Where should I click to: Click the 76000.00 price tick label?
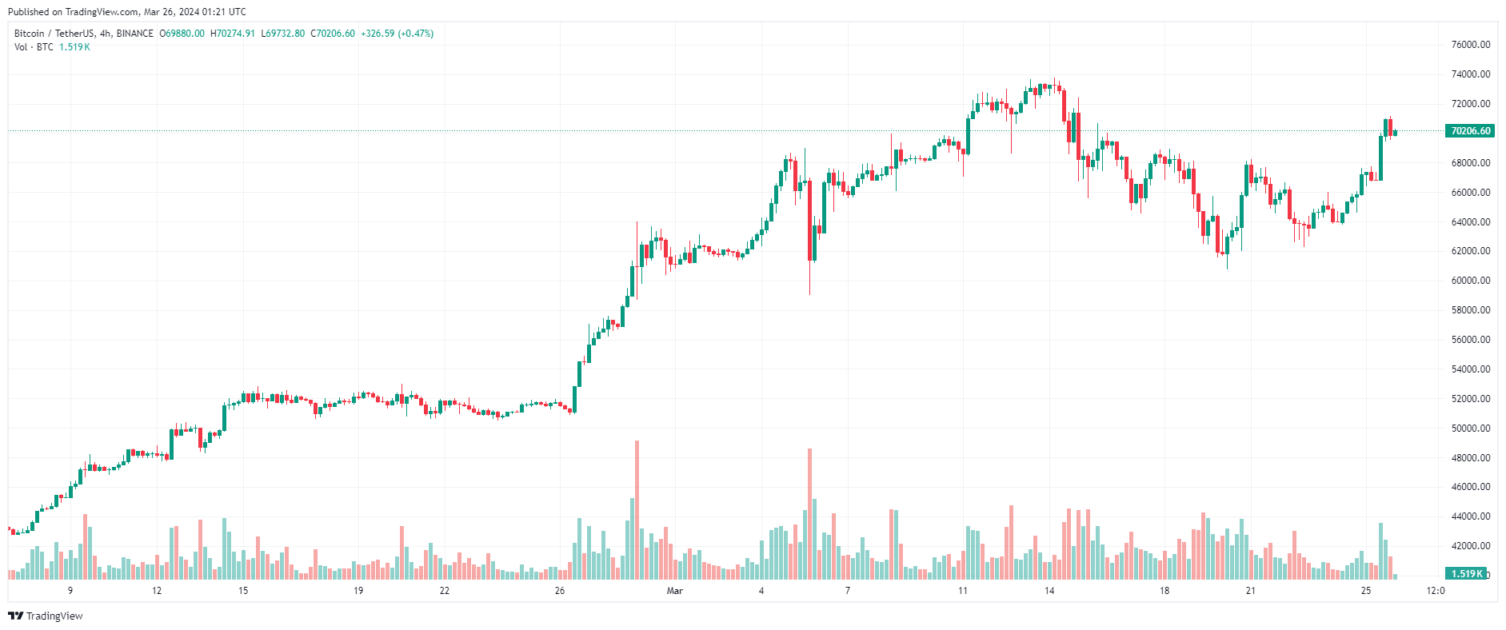pyautogui.click(x=1471, y=45)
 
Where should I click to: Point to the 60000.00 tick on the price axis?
pyautogui.click(x=1471, y=281)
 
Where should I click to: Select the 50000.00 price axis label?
pyautogui.click(x=1471, y=429)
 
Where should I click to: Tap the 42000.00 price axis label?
pyautogui.click(x=1471, y=546)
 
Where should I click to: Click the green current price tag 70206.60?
pyautogui.click(x=1470, y=131)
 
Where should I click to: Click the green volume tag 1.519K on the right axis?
pyautogui.click(x=1467, y=573)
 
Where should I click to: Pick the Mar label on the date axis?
pyautogui.click(x=675, y=591)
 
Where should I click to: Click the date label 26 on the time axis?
pyautogui.click(x=560, y=591)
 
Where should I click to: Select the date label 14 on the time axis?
pyautogui.click(x=1049, y=591)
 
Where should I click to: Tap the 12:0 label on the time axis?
pyautogui.click(x=1436, y=591)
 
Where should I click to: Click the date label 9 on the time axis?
pyautogui.click(x=70, y=591)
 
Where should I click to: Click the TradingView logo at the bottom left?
pyautogui.click(x=46, y=616)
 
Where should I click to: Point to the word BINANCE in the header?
pyautogui.click(x=134, y=34)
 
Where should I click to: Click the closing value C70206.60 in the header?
pyautogui.click(x=333, y=34)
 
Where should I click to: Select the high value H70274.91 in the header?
pyautogui.click(x=233, y=34)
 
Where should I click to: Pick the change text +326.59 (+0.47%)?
pyautogui.click(x=397, y=34)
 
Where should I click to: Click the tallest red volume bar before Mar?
pyautogui.click(x=637, y=509)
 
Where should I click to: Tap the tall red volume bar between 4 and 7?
pyautogui.click(x=809, y=513)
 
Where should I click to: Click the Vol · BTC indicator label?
pyautogui.click(x=34, y=47)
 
